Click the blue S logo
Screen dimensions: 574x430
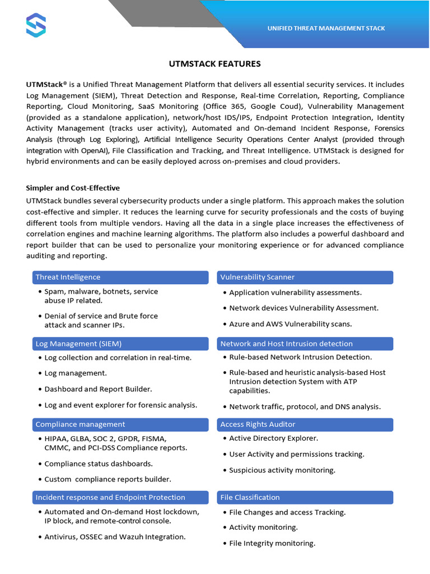coord(36,25)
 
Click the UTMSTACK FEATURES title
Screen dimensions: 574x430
coord(215,64)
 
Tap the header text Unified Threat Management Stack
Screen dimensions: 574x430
coord(326,28)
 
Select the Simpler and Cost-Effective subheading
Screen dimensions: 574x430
coord(73,188)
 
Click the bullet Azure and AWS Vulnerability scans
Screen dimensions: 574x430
coord(290,324)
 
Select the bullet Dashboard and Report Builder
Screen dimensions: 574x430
coord(98,389)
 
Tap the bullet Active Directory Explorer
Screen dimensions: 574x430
coord(273,438)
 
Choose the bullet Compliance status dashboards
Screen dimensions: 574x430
coord(99,464)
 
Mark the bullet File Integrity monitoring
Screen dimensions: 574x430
coord(272,543)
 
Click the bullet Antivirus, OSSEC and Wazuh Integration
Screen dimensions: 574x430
coord(115,537)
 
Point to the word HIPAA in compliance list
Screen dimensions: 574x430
coord(55,438)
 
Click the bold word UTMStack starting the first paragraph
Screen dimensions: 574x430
coord(44,84)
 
